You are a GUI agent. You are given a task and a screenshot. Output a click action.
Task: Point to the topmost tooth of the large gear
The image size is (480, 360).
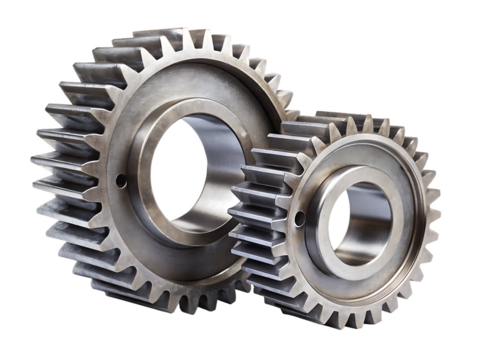pos(186,37)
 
